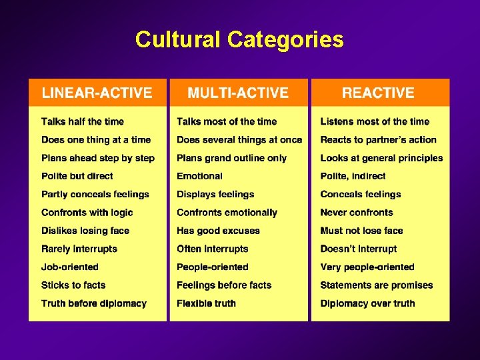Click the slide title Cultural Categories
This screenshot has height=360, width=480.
[x=239, y=39]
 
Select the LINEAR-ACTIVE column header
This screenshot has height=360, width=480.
[x=97, y=93]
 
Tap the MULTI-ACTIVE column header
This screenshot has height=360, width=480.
[x=238, y=93]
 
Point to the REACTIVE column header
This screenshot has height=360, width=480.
[x=378, y=93]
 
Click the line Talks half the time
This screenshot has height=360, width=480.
[x=83, y=121]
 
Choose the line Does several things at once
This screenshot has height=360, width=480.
[x=239, y=139]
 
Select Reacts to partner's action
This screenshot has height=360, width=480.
[x=378, y=139]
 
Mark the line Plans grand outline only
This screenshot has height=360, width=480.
[x=231, y=158]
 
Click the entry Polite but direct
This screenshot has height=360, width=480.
[x=77, y=176]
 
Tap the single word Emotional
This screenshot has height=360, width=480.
[x=199, y=176]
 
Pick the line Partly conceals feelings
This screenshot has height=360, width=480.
[x=95, y=194]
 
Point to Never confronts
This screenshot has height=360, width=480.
[x=357, y=213]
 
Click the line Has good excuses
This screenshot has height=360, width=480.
[x=218, y=231]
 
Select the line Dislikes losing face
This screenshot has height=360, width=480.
[x=85, y=231]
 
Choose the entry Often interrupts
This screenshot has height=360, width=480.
[x=212, y=249]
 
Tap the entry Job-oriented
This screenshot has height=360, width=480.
[x=70, y=267]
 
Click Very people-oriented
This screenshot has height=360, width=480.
[x=367, y=267]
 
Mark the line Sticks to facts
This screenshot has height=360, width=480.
[x=73, y=285]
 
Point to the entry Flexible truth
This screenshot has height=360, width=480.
[x=207, y=303]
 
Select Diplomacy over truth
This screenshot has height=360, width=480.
[x=367, y=303]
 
